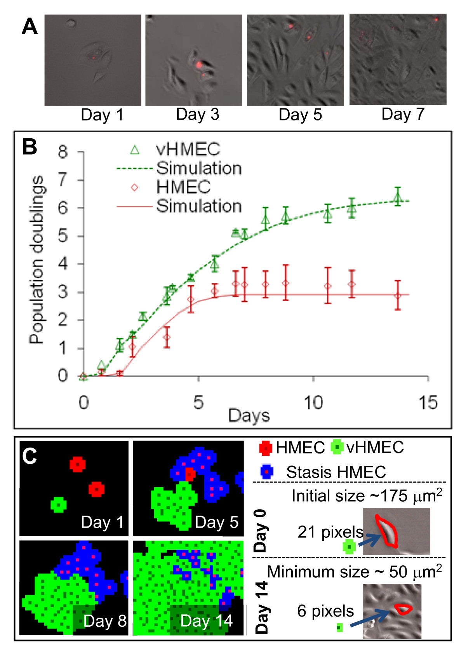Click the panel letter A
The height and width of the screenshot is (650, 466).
tap(30, 26)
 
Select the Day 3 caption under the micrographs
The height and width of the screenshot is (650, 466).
tap(197, 114)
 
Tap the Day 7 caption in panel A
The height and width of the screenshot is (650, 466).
tap(403, 114)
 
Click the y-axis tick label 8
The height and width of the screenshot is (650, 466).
tap(63, 152)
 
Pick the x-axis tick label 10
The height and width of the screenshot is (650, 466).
tap(313, 403)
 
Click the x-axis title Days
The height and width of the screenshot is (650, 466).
tap(249, 415)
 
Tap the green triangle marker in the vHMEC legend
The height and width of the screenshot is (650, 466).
tap(134, 150)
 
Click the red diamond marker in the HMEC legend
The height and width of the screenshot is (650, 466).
tap(134, 187)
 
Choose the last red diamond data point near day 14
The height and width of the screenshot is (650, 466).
tap(397, 295)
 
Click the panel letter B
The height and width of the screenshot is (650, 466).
tap(30, 147)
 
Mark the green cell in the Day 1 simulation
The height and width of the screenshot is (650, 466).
tap(58, 505)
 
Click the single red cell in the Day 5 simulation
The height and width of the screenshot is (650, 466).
tap(190, 474)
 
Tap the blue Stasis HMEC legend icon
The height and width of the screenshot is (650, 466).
tap(266, 472)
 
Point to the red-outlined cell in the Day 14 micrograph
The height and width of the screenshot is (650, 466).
tap(403, 609)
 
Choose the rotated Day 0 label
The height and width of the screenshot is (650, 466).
tap(260, 531)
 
